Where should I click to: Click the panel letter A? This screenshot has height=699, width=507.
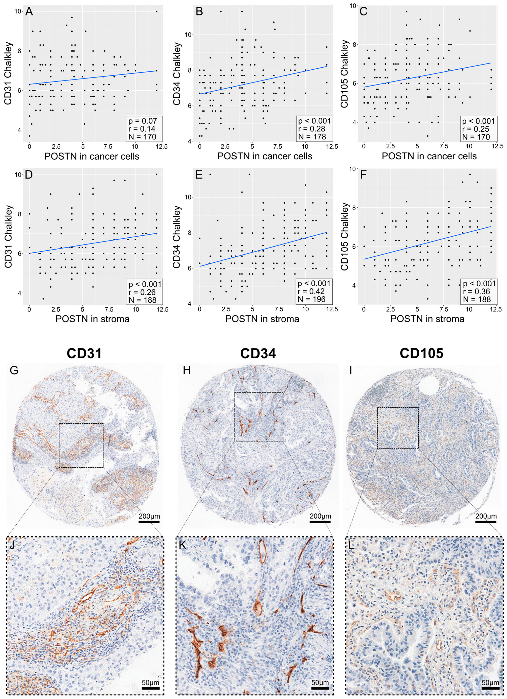pyautogui.click(x=29, y=12)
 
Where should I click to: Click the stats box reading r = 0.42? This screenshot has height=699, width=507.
pyautogui.click(x=314, y=291)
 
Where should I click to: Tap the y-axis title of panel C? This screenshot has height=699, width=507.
pyautogui.click(x=344, y=74)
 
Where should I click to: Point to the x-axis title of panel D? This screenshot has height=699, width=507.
pyautogui.click(x=92, y=319)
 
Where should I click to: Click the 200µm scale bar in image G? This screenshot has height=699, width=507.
pyautogui.click(x=149, y=521)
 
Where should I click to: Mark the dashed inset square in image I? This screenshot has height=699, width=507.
pyautogui.click(x=398, y=428)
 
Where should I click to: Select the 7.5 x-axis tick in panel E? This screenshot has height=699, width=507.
pyautogui.click(x=279, y=309)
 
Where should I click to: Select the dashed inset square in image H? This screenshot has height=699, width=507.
pyautogui.click(x=258, y=416)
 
